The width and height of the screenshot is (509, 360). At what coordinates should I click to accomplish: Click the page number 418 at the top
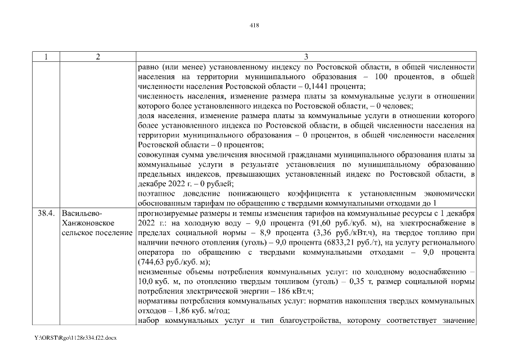click(x=254, y=25)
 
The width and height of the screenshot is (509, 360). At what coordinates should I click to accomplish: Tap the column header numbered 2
click(x=98, y=57)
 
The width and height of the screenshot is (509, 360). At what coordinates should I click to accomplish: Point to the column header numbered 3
click(x=305, y=57)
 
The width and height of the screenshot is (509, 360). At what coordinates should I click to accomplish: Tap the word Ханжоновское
click(x=86, y=223)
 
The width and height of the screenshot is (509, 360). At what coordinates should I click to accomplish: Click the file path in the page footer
click(x=74, y=340)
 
